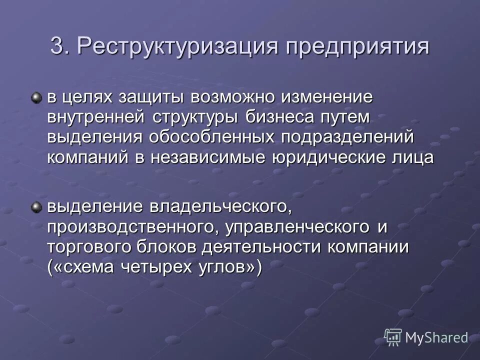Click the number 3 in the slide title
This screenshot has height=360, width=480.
[x=57, y=47]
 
